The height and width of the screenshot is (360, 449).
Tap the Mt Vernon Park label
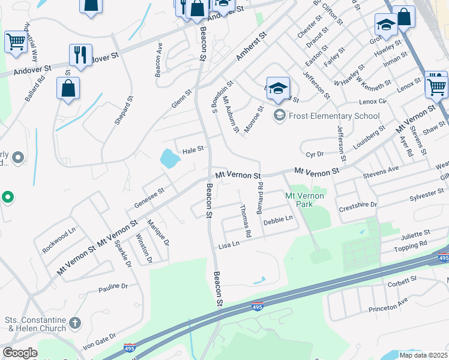(304, 200)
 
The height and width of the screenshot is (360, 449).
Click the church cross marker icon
(75, 323)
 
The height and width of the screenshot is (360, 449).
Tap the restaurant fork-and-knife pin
(80, 56)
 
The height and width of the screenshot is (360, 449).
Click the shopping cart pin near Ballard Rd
(15, 42)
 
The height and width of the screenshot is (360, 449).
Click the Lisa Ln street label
(229, 245)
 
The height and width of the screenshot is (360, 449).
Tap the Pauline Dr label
(113, 287)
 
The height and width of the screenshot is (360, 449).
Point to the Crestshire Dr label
(358, 205)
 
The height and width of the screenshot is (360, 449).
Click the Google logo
(20, 353)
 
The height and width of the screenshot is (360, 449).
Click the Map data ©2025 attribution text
(423, 355)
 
